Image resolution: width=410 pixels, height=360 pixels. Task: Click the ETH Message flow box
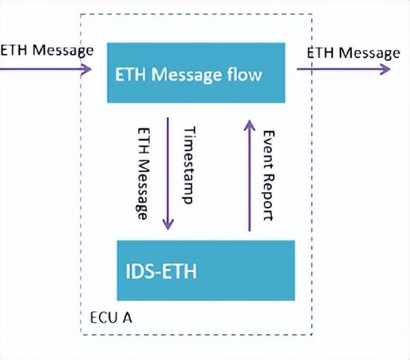(x=195, y=72)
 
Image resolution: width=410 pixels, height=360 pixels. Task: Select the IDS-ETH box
(x=206, y=270)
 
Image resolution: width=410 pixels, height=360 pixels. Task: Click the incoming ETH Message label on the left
(x=46, y=51)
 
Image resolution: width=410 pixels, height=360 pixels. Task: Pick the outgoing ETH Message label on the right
(x=353, y=53)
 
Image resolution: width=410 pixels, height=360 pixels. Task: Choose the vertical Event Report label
(x=268, y=175)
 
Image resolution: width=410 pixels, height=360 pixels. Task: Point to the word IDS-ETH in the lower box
(x=162, y=271)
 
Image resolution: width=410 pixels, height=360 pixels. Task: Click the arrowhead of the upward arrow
(x=249, y=123)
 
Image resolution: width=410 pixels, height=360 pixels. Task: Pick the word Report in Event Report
(x=268, y=196)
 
